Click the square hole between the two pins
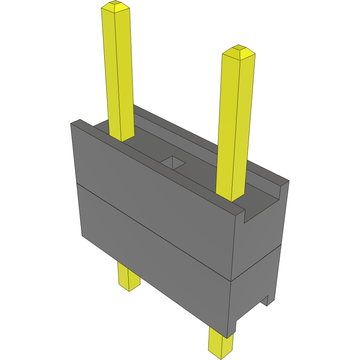tap(173, 162)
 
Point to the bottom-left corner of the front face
tap(82, 235)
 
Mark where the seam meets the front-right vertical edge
tap(231, 281)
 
